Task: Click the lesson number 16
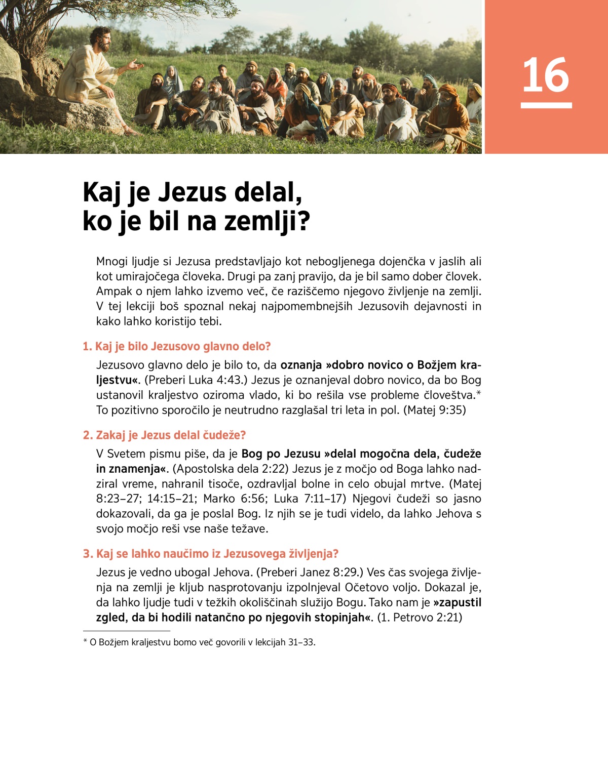tap(546, 75)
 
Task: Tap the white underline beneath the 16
tap(546, 105)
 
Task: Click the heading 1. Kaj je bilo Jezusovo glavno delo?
tap(177, 347)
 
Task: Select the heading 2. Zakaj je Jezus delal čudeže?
tap(164, 435)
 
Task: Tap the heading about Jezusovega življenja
tap(210, 554)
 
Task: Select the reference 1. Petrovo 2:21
tap(420, 618)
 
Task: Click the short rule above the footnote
tap(127, 631)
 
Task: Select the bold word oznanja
tap(301, 365)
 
